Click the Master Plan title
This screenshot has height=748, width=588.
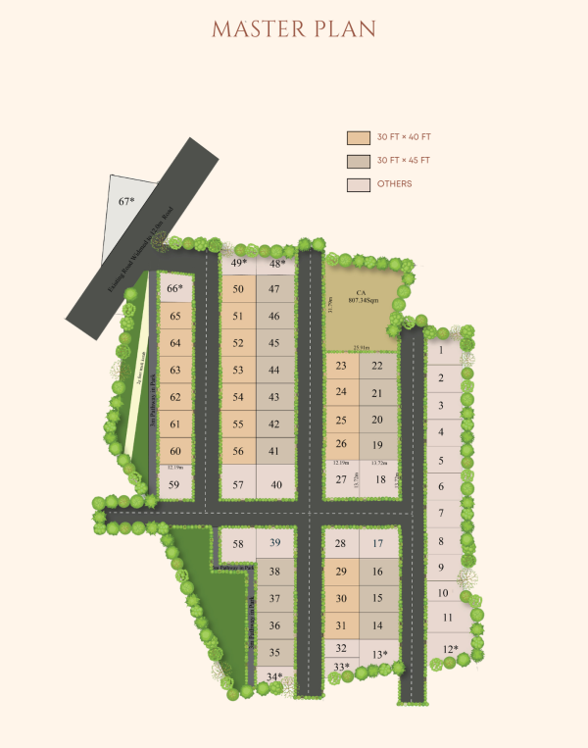tap(293, 29)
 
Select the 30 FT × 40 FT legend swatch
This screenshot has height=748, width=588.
tap(358, 138)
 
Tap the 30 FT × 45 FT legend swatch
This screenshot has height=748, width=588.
tap(358, 161)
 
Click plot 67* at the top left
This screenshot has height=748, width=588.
tap(126, 201)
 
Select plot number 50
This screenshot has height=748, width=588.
tap(238, 289)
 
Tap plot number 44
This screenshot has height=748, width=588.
tap(274, 371)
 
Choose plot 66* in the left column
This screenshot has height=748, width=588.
tap(174, 288)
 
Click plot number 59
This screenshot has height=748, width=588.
tap(174, 484)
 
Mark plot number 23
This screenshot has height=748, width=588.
tap(341, 367)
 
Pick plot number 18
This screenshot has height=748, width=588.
tap(380, 479)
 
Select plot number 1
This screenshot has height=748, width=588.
tap(441, 350)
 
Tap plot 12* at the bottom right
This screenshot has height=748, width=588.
tap(449, 648)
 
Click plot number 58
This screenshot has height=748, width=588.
tap(238, 544)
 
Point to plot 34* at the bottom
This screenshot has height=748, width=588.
tap(275, 675)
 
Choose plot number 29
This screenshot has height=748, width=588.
tap(341, 572)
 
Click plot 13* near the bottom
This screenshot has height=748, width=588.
tap(380, 655)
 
